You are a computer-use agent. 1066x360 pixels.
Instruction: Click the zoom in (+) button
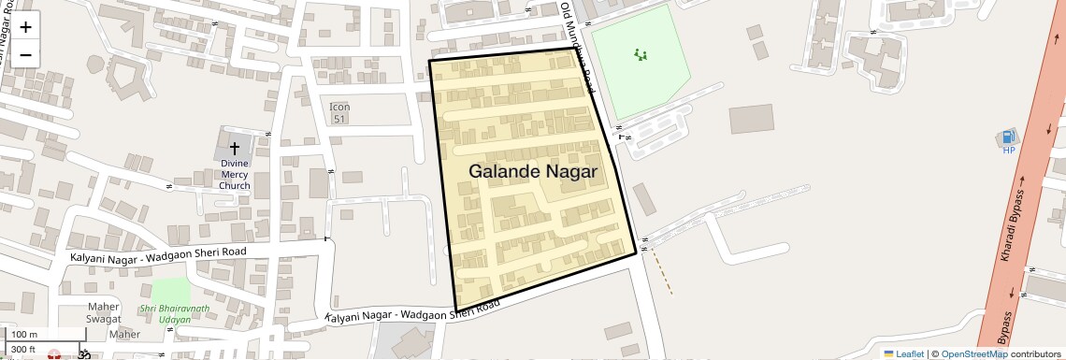(25, 27)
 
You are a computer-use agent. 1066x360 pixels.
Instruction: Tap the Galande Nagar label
(532, 172)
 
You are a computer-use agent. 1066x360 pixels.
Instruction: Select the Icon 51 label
(339, 113)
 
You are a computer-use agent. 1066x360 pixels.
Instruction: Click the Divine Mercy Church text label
(235, 174)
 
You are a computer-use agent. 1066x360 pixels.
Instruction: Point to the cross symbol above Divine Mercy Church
(235, 149)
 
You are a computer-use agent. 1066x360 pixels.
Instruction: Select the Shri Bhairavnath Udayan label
(175, 313)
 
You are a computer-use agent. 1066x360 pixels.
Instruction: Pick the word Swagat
(105, 320)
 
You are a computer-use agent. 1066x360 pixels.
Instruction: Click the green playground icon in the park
(641, 55)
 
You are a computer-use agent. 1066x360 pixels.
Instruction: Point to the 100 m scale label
(24, 335)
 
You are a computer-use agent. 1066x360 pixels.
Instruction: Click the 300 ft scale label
(24, 349)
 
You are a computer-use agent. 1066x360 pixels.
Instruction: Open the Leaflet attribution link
(910, 353)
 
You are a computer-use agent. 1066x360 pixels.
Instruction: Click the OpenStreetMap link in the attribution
(973, 353)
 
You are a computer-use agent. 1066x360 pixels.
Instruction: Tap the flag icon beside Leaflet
(888, 353)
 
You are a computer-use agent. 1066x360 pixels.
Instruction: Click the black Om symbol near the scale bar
(83, 355)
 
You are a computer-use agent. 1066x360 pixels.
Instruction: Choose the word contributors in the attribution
(1035, 353)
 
